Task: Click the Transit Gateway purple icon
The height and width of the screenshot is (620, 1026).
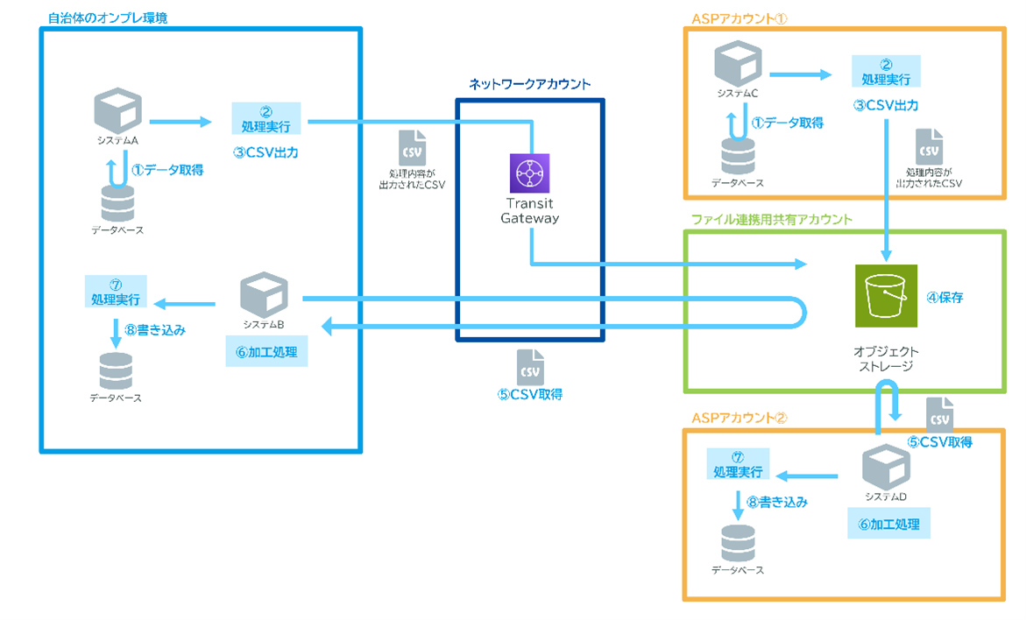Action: (529, 173)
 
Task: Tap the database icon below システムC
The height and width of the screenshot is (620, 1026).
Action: (737, 156)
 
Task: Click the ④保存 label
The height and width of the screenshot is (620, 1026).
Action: (945, 298)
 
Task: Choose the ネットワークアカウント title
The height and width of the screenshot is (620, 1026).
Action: (529, 84)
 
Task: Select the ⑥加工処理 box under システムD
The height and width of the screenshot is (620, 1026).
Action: (888, 525)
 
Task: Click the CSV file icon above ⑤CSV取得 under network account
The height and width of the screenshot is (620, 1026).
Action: (529, 365)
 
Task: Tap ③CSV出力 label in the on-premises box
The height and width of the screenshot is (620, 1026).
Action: (265, 152)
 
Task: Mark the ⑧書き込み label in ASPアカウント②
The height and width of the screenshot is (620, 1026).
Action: (771, 503)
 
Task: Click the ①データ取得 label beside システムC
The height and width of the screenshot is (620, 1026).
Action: (788, 123)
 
